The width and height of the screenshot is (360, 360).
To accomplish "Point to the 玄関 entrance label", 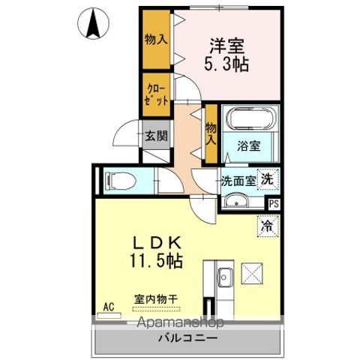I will pos(156,137).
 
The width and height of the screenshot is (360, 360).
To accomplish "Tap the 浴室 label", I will pos(250,145).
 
